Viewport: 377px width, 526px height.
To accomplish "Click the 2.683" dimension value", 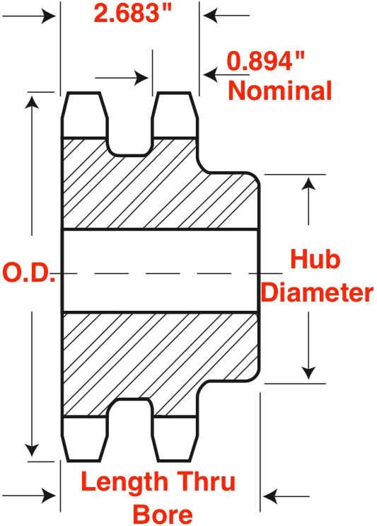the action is pyautogui.click(x=133, y=13).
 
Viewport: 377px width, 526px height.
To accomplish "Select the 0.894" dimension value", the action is pyautogui.click(x=266, y=61).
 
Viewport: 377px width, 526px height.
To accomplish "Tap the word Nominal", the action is pyautogui.click(x=280, y=91).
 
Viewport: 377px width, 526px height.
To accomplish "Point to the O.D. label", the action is pyautogui.click(x=29, y=273).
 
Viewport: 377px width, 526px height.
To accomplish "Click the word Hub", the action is pyautogui.click(x=315, y=259).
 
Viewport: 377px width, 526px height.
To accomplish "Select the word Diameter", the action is pyautogui.click(x=317, y=292).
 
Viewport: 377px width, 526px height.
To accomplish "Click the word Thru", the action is pyautogui.click(x=206, y=481).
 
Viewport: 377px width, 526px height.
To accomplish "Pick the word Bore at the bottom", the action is pyautogui.click(x=163, y=513).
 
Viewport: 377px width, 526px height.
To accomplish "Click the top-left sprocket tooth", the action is pyautogui.click(x=84, y=115).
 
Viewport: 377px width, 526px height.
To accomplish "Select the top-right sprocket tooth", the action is pyautogui.click(x=174, y=115).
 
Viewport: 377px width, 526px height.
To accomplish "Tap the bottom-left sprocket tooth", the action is pyautogui.click(x=84, y=439).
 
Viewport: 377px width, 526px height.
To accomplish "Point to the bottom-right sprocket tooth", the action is pyautogui.click(x=174, y=439).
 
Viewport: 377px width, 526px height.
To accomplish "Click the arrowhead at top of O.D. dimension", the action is pyautogui.click(x=32, y=101).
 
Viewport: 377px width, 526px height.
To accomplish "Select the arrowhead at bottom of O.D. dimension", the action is pyautogui.click(x=32, y=450).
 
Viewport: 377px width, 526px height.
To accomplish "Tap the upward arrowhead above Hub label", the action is pyautogui.click(x=308, y=183).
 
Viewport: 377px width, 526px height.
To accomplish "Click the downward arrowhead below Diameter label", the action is pyautogui.click(x=308, y=373).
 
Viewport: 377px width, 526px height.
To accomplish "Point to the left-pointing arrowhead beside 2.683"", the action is pyautogui.click(x=211, y=16).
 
